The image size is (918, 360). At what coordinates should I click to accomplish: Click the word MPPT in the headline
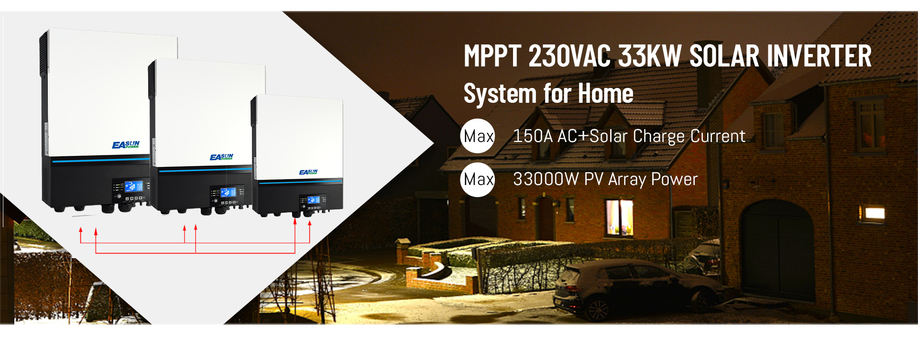click(x=492, y=56)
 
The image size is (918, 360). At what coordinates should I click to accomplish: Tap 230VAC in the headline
click(x=569, y=56)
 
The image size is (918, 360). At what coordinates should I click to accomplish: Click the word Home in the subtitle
click(x=606, y=93)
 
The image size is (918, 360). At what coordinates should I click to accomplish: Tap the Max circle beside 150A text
click(x=478, y=136)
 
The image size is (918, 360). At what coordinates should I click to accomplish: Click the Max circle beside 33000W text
click(x=478, y=180)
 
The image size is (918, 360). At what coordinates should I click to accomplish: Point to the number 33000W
click(x=546, y=179)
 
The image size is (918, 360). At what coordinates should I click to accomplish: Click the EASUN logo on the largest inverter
click(x=126, y=144)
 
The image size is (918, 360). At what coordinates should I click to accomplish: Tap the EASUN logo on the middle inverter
click(x=221, y=157)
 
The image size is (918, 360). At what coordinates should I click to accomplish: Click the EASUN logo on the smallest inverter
click(x=308, y=172)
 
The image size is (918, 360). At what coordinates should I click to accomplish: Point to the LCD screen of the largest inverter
click(x=133, y=186)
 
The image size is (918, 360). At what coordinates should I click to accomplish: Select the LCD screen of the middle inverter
click(x=228, y=192)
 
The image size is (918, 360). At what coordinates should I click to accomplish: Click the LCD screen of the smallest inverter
click(x=314, y=200)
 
